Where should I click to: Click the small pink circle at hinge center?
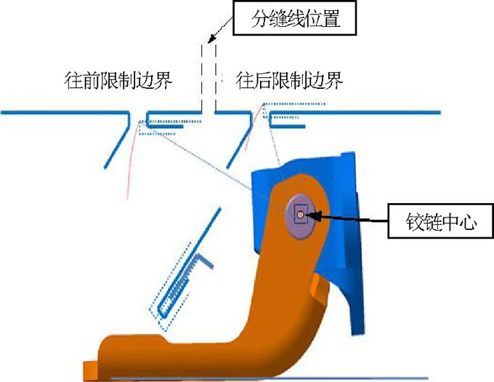click(299, 214)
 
